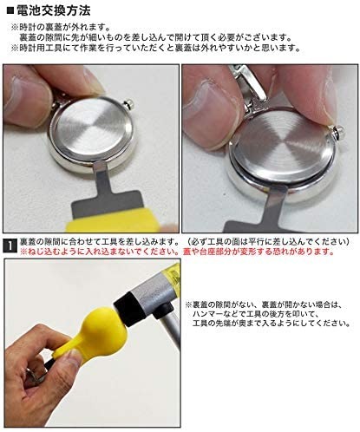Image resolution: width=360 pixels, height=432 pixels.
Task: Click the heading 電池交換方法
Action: pyautogui.click(x=54, y=10)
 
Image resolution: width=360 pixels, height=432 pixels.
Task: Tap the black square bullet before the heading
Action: pyautogui.click(x=10, y=11)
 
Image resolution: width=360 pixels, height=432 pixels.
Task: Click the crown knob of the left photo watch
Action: pyautogui.click(x=128, y=103)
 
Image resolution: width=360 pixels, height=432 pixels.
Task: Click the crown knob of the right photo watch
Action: pyautogui.click(x=337, y=132)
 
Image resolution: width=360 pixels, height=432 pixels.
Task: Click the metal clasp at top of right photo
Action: pyautogui.click(x=248, y=84)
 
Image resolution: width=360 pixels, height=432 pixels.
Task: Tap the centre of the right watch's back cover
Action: pyautogui.click(x=283, y=146)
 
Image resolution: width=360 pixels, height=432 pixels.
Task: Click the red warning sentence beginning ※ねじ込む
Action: pyautogui.click(x=177, y=252)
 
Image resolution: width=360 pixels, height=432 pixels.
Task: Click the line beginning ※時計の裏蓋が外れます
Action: pyautogui.click(x=61, y=28)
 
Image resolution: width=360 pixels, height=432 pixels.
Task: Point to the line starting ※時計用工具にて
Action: pyautogui.click(x=156, y=48)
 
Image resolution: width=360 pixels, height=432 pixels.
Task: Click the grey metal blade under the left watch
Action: pyautogui.click(x=107, y=193)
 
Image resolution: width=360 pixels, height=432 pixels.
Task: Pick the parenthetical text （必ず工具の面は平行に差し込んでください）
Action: pyautogui.click(x=268, y=241)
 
